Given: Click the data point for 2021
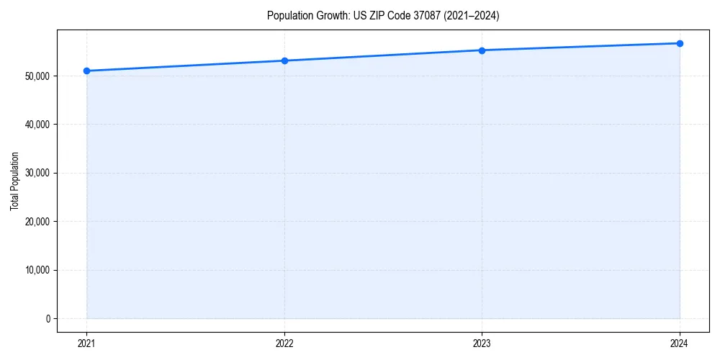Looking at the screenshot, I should click(86, 71).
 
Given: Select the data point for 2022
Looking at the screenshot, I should click(284, 60).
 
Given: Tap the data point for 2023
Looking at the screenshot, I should click(482, 50).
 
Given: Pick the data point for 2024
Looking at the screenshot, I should click(680, 43).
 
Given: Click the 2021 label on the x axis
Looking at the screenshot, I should click(86, 343).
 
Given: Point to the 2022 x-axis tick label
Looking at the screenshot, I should click(284, 343).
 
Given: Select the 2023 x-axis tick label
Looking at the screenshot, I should click(482, 343).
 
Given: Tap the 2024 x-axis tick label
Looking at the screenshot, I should click(680, 343).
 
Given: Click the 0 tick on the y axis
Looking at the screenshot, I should click(48, 319).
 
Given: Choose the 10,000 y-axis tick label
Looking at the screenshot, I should click(38, 270).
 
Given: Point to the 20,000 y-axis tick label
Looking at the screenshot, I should click(38, 222).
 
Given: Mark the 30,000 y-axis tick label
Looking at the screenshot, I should click(38, 173).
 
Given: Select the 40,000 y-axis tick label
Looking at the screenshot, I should click(38, 125).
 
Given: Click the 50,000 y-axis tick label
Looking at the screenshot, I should click(38, 76).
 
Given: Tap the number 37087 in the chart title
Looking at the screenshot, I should click(427, 16).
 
